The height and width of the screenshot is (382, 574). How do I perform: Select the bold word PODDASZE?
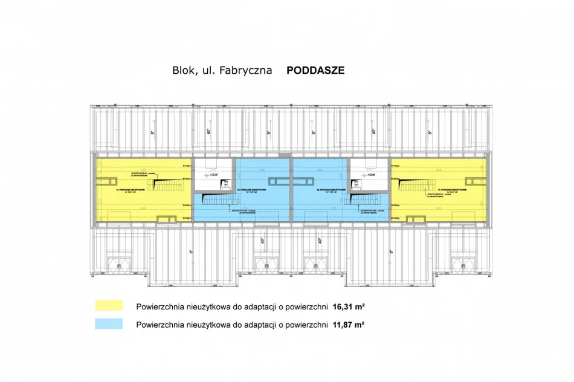point(315,70)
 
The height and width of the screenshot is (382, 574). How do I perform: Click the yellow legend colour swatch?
point(109,306)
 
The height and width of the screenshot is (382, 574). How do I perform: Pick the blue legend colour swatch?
point(109,325)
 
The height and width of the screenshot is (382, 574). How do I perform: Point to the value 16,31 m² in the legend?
point(349,306)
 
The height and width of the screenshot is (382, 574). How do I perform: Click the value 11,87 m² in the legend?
point(349,325)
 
